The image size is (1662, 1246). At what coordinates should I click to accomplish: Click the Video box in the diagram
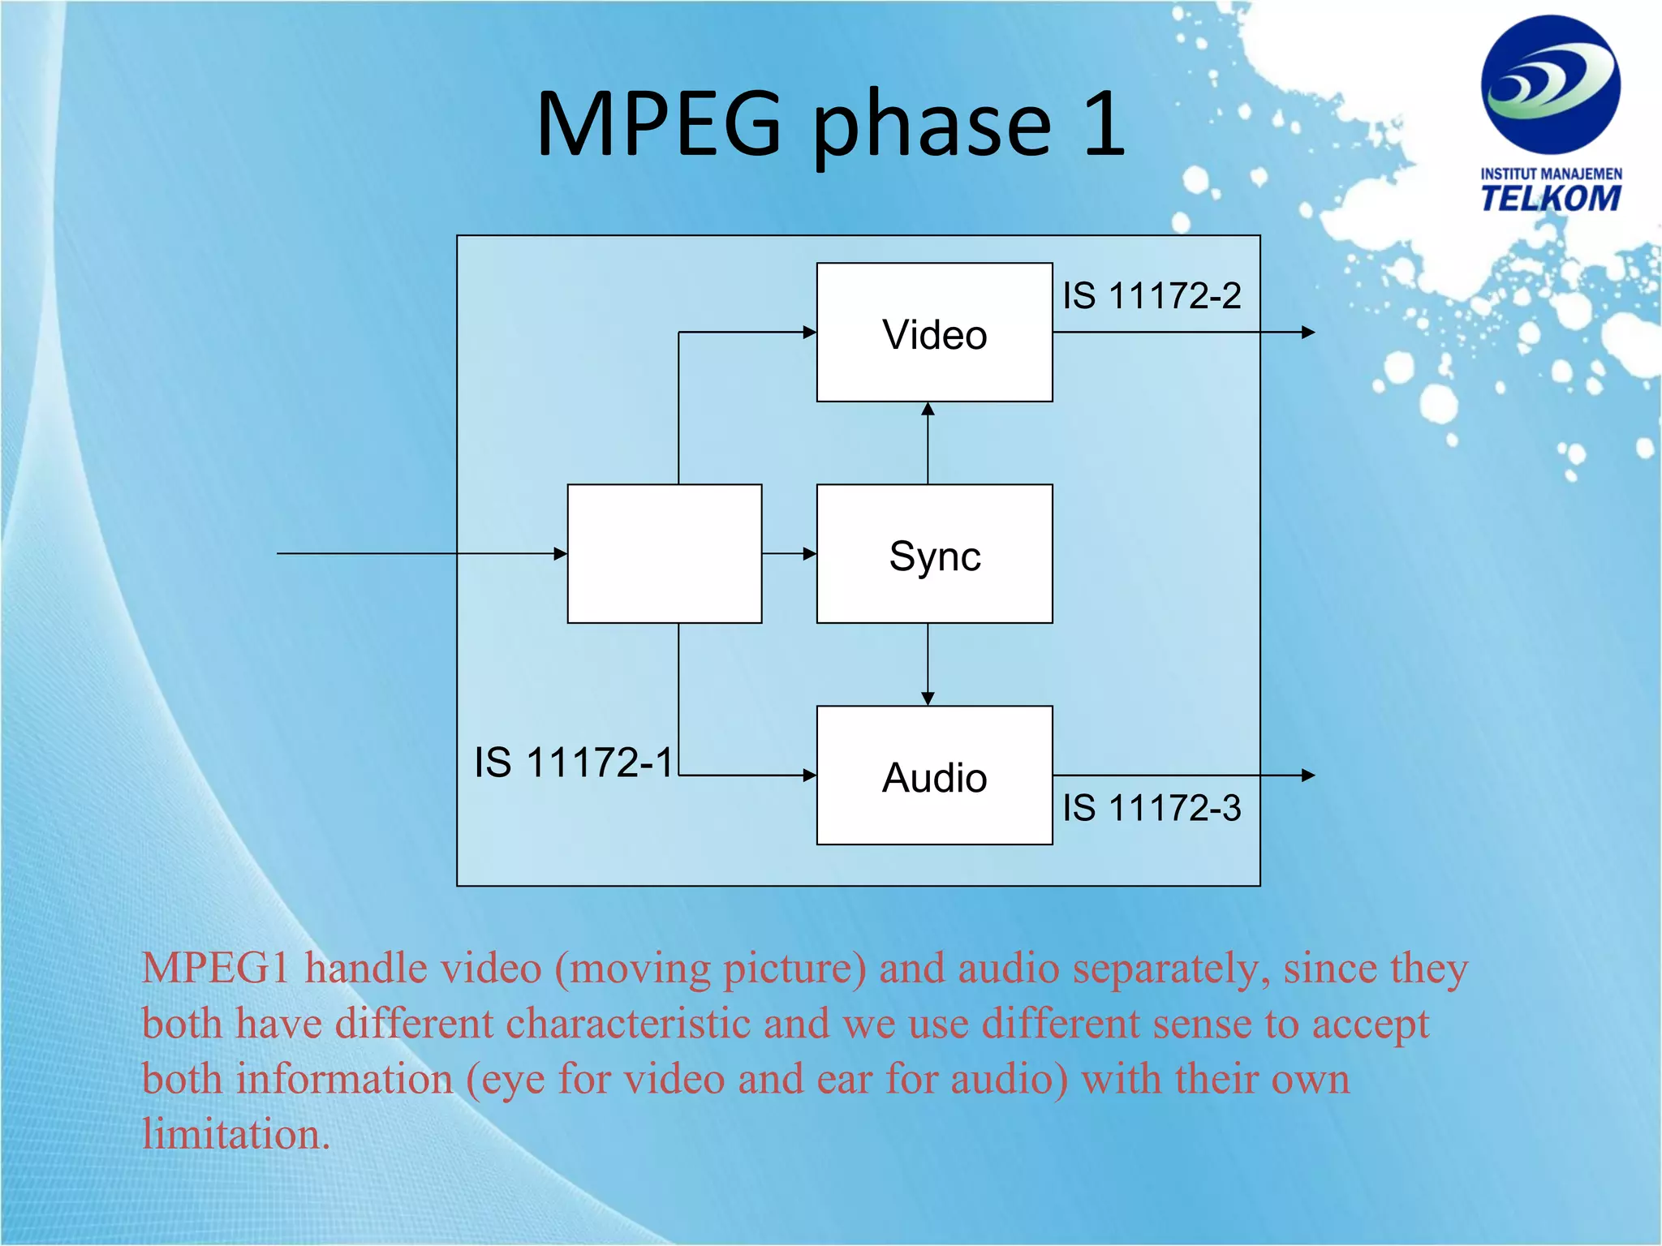point(934,333)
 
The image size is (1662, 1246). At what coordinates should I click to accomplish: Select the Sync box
point(934,554)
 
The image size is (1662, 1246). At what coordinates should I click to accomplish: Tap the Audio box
point(934,776)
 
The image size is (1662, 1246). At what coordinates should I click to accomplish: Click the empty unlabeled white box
point(664,554)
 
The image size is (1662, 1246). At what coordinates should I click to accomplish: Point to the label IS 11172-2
point(1152,296)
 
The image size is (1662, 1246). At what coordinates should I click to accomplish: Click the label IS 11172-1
point(574,763)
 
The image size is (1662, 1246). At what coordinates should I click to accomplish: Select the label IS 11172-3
point(1152,808)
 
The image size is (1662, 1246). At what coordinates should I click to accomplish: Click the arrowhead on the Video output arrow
point(1307,332)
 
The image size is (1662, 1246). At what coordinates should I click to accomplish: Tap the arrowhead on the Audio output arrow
point(1307,776)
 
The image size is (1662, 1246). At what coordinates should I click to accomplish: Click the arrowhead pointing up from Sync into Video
point(928,409)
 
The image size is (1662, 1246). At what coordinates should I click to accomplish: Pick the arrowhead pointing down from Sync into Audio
point(928,698)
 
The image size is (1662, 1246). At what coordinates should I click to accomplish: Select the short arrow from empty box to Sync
point(789,554)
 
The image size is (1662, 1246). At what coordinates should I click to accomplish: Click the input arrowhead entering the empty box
point(560,554)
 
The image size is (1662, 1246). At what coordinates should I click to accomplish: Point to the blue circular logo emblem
point(1550,84)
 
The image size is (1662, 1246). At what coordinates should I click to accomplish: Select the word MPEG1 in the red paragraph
point(215,969)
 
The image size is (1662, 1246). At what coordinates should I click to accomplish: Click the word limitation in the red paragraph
point(235,1134)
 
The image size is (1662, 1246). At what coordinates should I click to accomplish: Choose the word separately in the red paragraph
point(1171,969)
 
